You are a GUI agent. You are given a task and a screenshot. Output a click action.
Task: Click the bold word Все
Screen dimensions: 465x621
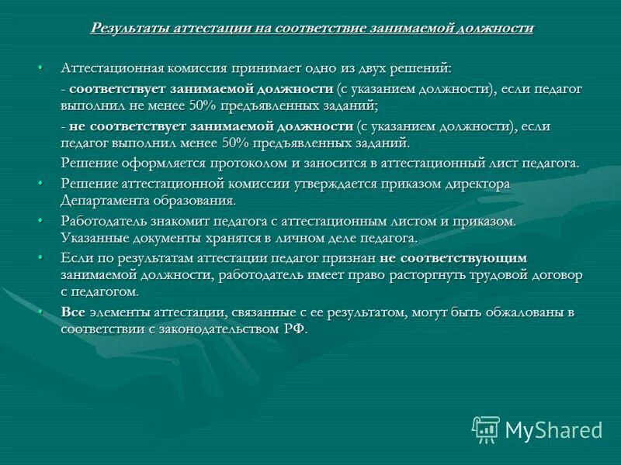pyautogui.click(x=73, y=312)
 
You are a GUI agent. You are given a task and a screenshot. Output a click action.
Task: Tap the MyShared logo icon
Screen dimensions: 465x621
pyautogui.click(x=486, y=429)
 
